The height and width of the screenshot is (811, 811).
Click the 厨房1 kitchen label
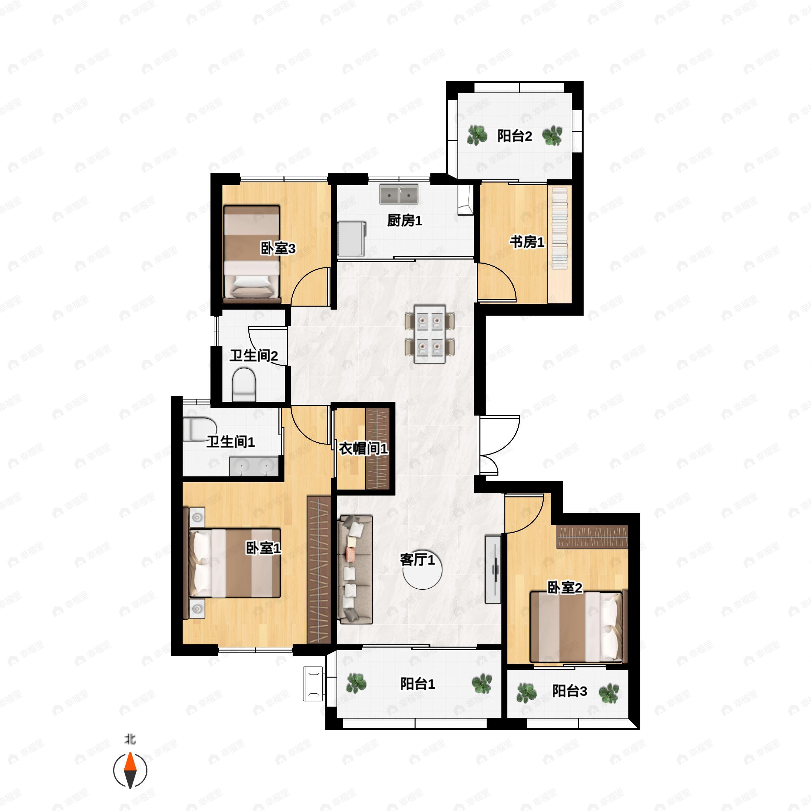tap(404, 220)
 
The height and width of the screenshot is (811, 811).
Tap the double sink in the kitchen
tap(399, 194)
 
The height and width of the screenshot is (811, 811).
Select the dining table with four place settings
tap(429, 334)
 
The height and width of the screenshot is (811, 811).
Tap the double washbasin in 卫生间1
tap(253, 466)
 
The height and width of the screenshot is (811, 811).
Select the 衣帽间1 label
tap(363, 449)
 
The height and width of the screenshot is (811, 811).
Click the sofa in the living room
tap(355, 569)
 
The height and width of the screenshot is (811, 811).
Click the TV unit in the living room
tap(493, 569)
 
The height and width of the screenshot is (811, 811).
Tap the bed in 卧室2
tap(576, 627)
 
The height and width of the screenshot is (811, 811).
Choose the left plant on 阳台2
tap(477, 135)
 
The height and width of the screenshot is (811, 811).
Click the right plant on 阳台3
tap(608, 693)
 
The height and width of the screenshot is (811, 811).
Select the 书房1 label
tap(527, 242)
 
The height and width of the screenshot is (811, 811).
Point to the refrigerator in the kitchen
tap(351, 239)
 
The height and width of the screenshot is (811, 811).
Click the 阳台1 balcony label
tap(417, 684)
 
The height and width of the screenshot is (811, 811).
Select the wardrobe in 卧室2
tap(592, 537)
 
